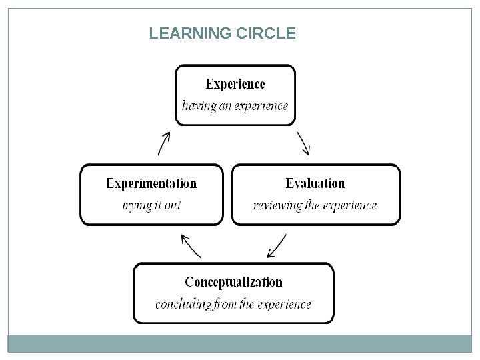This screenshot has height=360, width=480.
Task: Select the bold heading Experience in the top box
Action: pyautogui.click(x=235, y=84)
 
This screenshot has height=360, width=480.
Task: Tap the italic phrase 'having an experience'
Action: pyautogui.click(x=235, y=105)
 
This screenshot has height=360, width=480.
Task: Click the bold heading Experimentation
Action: pyautogui.click(x=151, y=183)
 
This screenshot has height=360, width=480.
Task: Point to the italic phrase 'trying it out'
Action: pyautogui.click(x=151, y=205)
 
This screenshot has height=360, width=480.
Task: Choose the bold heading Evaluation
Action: pyautogui.click(x=315, y=183)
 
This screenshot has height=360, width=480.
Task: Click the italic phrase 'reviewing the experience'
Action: pyautogui.click(x=315, y=205)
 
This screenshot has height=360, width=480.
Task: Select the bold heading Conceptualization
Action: pyautogui.click(x=233, y=282)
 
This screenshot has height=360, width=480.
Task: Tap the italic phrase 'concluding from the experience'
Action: pyautogui.click(x=233, y=304)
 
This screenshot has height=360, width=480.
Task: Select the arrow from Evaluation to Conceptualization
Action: pyautogui.click(x=276, y=245)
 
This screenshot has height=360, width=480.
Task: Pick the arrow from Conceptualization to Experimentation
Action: pyautogui.click(x=191, y=245)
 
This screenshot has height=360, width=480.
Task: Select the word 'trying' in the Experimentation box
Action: pyautogui.click(x=137, y=205)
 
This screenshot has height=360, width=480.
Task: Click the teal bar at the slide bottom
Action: pyautogui.click(x=240, y=343)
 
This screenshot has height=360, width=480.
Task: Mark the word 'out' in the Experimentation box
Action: pyautogui.click(x=172, y=205)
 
